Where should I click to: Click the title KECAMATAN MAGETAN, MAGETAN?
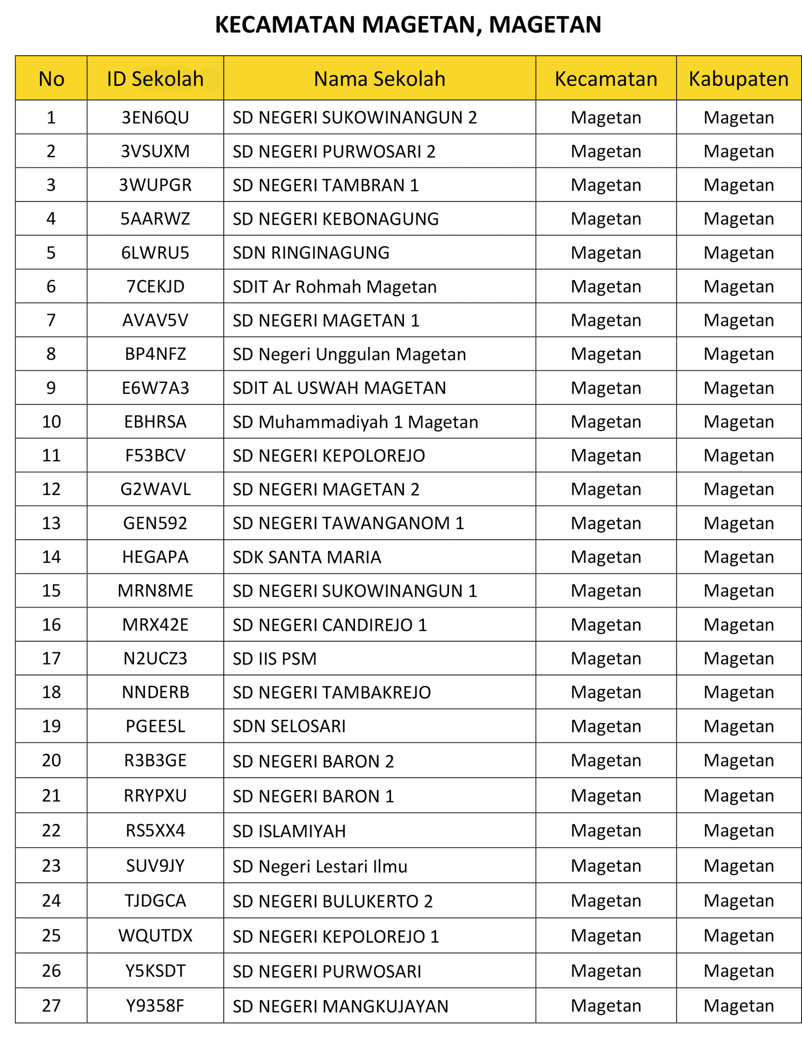click(x=408, y=24)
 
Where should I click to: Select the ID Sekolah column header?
click(x=155, y=79)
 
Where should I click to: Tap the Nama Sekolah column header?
click(x=380, y=79)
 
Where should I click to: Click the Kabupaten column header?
click(x=738, y=79)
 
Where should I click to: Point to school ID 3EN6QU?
click(x=155, y=118)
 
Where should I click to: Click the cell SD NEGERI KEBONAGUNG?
click(x=336, y=219)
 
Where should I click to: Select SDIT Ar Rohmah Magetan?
click(x=334, y=286)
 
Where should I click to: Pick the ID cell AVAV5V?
click(x=155, y=320)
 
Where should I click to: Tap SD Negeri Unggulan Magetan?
click(x=349, y=354)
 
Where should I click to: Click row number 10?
click(x=51, y=422)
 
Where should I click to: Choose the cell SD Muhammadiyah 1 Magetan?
click(x=355, y=422)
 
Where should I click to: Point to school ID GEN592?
click(x=155, y=523)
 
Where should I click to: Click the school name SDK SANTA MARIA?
click(x=307, y=557)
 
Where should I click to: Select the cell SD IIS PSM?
click(x=274, y=658)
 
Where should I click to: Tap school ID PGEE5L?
click(x=155, y=726)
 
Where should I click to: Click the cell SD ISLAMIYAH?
click(x=289, y=831)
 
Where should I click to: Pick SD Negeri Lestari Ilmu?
click(x=320, y=866)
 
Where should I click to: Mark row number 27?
click(x=51, y=1006)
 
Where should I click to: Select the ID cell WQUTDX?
click(x=155, y=935)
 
